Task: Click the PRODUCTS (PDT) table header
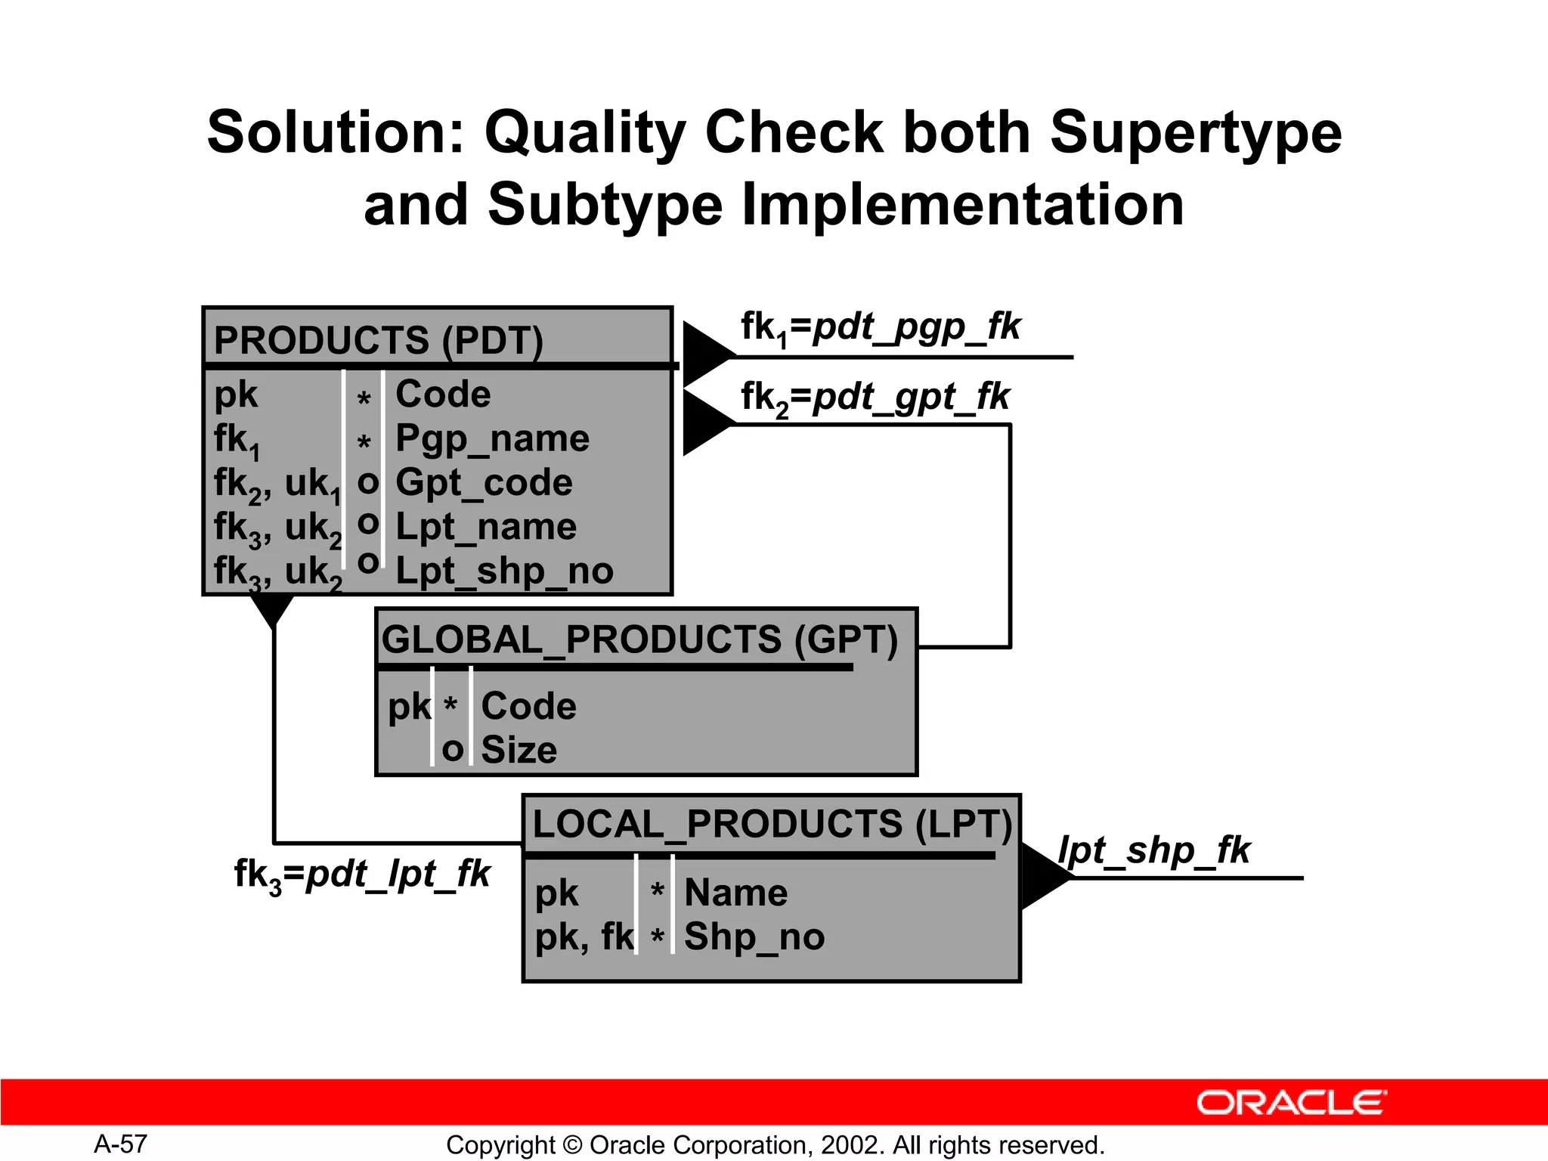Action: click(378, 340)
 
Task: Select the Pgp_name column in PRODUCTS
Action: click(492, 439)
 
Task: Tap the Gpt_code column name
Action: click(484, 483)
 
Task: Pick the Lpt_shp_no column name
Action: click(504, 571)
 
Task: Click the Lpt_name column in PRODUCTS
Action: click(485, 527)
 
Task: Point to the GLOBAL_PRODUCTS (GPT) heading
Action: click(639, 639)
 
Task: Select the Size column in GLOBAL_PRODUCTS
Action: click(519, 750)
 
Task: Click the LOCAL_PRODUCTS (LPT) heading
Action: click(771, 824)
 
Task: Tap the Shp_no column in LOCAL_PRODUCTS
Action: click(754, 937)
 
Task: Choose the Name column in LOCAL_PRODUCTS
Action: click(735, 893)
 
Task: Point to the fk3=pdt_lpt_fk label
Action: click(362, 875)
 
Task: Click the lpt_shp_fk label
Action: click(1153, 850)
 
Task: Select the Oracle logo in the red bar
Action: click(1291, 1103)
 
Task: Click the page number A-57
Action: click(120, 1144)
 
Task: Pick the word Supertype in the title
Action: click(1196, 132)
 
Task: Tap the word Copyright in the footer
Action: click(500, 1145)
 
